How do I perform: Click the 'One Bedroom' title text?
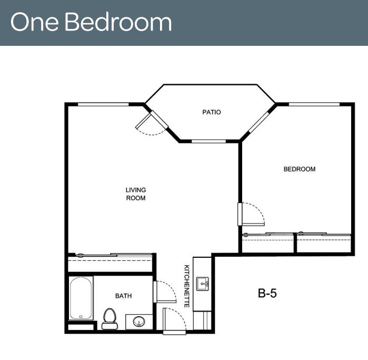91,22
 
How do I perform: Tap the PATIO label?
212,112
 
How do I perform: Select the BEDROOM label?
300,169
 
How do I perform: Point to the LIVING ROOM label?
136,194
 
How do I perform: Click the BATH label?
123,296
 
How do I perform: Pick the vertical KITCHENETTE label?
186,286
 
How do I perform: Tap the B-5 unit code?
267,293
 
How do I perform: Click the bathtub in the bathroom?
81,298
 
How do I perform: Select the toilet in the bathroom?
110,319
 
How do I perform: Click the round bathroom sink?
139,322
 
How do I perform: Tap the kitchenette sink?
202,284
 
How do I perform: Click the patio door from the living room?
152,123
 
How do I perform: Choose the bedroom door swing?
251,214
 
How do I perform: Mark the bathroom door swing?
165,292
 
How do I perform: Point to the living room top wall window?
103,104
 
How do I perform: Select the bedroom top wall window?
314,104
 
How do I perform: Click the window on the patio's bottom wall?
208,141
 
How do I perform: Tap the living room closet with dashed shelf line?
111,262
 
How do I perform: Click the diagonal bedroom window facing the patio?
258,122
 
